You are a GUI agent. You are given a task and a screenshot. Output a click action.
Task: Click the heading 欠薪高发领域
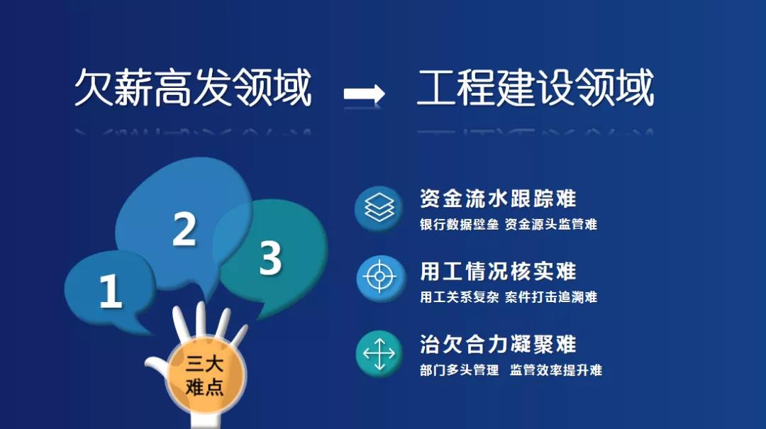pos(193,87)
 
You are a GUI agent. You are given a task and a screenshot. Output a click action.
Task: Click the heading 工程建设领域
pos(535,87)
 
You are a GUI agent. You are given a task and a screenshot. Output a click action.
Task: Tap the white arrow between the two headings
pos(364,94)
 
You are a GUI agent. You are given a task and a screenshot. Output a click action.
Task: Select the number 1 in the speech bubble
pos(111,291)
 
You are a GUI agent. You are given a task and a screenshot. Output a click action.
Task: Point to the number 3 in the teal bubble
pos(271,258)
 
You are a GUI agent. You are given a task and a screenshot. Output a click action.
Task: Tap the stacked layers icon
pos(379,208)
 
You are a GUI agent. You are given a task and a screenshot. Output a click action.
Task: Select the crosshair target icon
pos(380,277)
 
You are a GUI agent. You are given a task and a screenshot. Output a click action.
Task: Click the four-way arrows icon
pos(379,353)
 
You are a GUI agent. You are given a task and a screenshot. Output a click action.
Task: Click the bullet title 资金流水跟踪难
pos(499,199)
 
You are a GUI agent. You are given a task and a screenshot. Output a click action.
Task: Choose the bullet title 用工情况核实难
pos(499,271)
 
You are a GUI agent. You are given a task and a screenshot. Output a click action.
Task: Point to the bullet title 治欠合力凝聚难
pos(499,344)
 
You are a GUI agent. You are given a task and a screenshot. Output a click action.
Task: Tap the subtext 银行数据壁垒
pos(459,224)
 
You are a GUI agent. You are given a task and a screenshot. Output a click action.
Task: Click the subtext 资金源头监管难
pos(551,224)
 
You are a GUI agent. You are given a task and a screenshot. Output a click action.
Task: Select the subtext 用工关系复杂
pos(459,296)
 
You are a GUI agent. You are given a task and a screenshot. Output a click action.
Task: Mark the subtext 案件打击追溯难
pos(551,296)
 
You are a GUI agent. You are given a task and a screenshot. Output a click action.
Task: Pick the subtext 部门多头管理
pos(459,370)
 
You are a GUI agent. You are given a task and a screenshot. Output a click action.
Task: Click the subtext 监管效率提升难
pos(556,370)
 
